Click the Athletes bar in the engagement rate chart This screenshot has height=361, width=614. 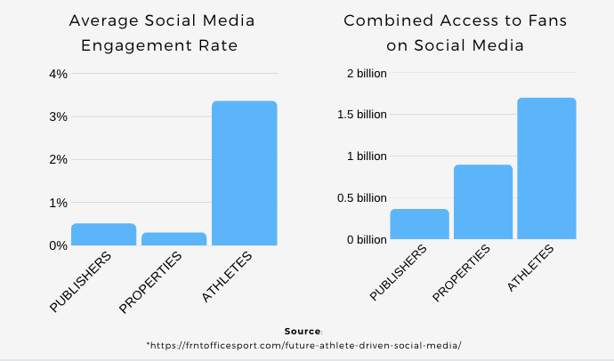click(x=244, y=173)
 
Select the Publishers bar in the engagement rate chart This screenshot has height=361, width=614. click(x=103, y=234)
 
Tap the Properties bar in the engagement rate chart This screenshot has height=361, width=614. click(x=174, y=238)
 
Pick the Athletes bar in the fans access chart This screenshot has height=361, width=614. click(x=545, y=168)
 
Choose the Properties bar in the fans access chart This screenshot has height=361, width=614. click(x=483, y=202)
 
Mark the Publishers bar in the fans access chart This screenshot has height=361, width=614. click(x=419, y=224)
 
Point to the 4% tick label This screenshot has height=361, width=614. click(x=57, y=74)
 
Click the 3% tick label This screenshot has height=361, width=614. click(x=57, y=116)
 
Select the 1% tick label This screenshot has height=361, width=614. click(x=57, y=203)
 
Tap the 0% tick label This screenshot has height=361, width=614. click(x=57, y=245)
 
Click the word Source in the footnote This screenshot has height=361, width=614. click(x=303, y=331)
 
